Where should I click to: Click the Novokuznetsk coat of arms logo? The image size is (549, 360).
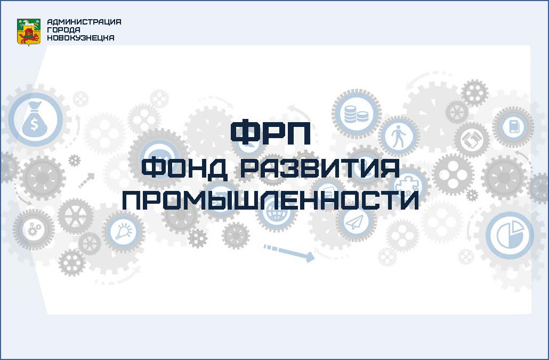click(x=29, y=32)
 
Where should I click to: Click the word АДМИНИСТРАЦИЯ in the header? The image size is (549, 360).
click(x=84, y=22)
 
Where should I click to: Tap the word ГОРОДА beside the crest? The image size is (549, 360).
click(x=63, y=30)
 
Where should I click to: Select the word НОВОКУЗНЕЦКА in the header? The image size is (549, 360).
click(x=80, y=38)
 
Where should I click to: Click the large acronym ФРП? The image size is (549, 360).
click(x=270, y=132)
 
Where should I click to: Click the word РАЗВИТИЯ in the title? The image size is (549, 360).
click(x=320, y=168)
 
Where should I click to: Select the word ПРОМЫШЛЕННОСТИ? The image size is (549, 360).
click(x=270, y=200)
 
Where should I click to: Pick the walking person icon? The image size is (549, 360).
click(x=399, y=136)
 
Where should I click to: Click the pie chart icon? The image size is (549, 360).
click(x=510, y=235)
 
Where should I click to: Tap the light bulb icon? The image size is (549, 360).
click(x=124, y=231)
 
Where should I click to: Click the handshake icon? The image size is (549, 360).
click(x=472, y=139)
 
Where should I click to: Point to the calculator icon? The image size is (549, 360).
click(x=513, y=126)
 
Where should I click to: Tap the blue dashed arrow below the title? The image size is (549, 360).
click(x=289, y=252)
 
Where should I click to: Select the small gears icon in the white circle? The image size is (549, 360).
click(x=34, y=230)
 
